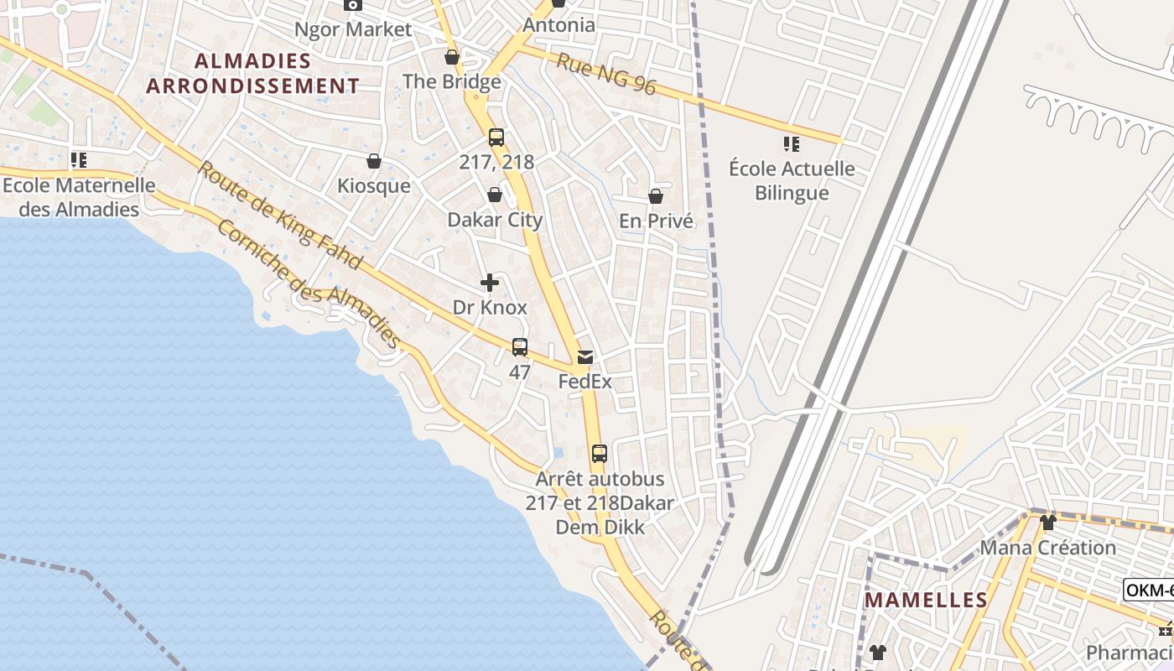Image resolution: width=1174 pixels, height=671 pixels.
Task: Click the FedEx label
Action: click(584, 382)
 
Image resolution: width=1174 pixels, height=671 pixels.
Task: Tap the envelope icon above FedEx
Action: click(584, 357)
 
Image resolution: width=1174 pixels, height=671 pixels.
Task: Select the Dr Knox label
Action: click(490, 307)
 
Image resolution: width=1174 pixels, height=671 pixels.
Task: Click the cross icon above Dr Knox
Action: click(490, 283)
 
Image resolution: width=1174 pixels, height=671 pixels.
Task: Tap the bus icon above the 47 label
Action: click(520, 347)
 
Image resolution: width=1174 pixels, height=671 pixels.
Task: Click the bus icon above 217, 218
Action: click(496, 138)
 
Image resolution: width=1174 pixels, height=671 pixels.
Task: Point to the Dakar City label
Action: click(495, 220)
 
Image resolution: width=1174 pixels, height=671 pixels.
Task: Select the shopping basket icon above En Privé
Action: click(656, 196)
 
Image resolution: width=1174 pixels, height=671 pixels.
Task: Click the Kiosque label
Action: click(374, 185)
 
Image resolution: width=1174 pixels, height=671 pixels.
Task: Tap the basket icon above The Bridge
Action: click(452, 57)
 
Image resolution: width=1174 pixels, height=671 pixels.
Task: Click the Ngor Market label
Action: click(353, 29)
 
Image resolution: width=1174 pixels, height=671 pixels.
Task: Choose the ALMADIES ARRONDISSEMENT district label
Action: click(252, 73)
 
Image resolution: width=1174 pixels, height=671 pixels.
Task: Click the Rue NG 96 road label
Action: click(606, 74)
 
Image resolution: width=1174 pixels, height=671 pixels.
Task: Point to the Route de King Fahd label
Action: click(280, 216)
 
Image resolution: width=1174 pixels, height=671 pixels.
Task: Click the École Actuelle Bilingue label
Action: click(792, 180)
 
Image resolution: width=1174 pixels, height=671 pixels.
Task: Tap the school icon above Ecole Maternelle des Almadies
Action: click(79, 160)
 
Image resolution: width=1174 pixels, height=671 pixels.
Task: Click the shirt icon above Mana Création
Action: click(1047, 523)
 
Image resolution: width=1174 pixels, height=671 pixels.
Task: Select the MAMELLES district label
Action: click(926, 600)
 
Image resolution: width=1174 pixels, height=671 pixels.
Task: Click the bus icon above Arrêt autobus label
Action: click(599, 454)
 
